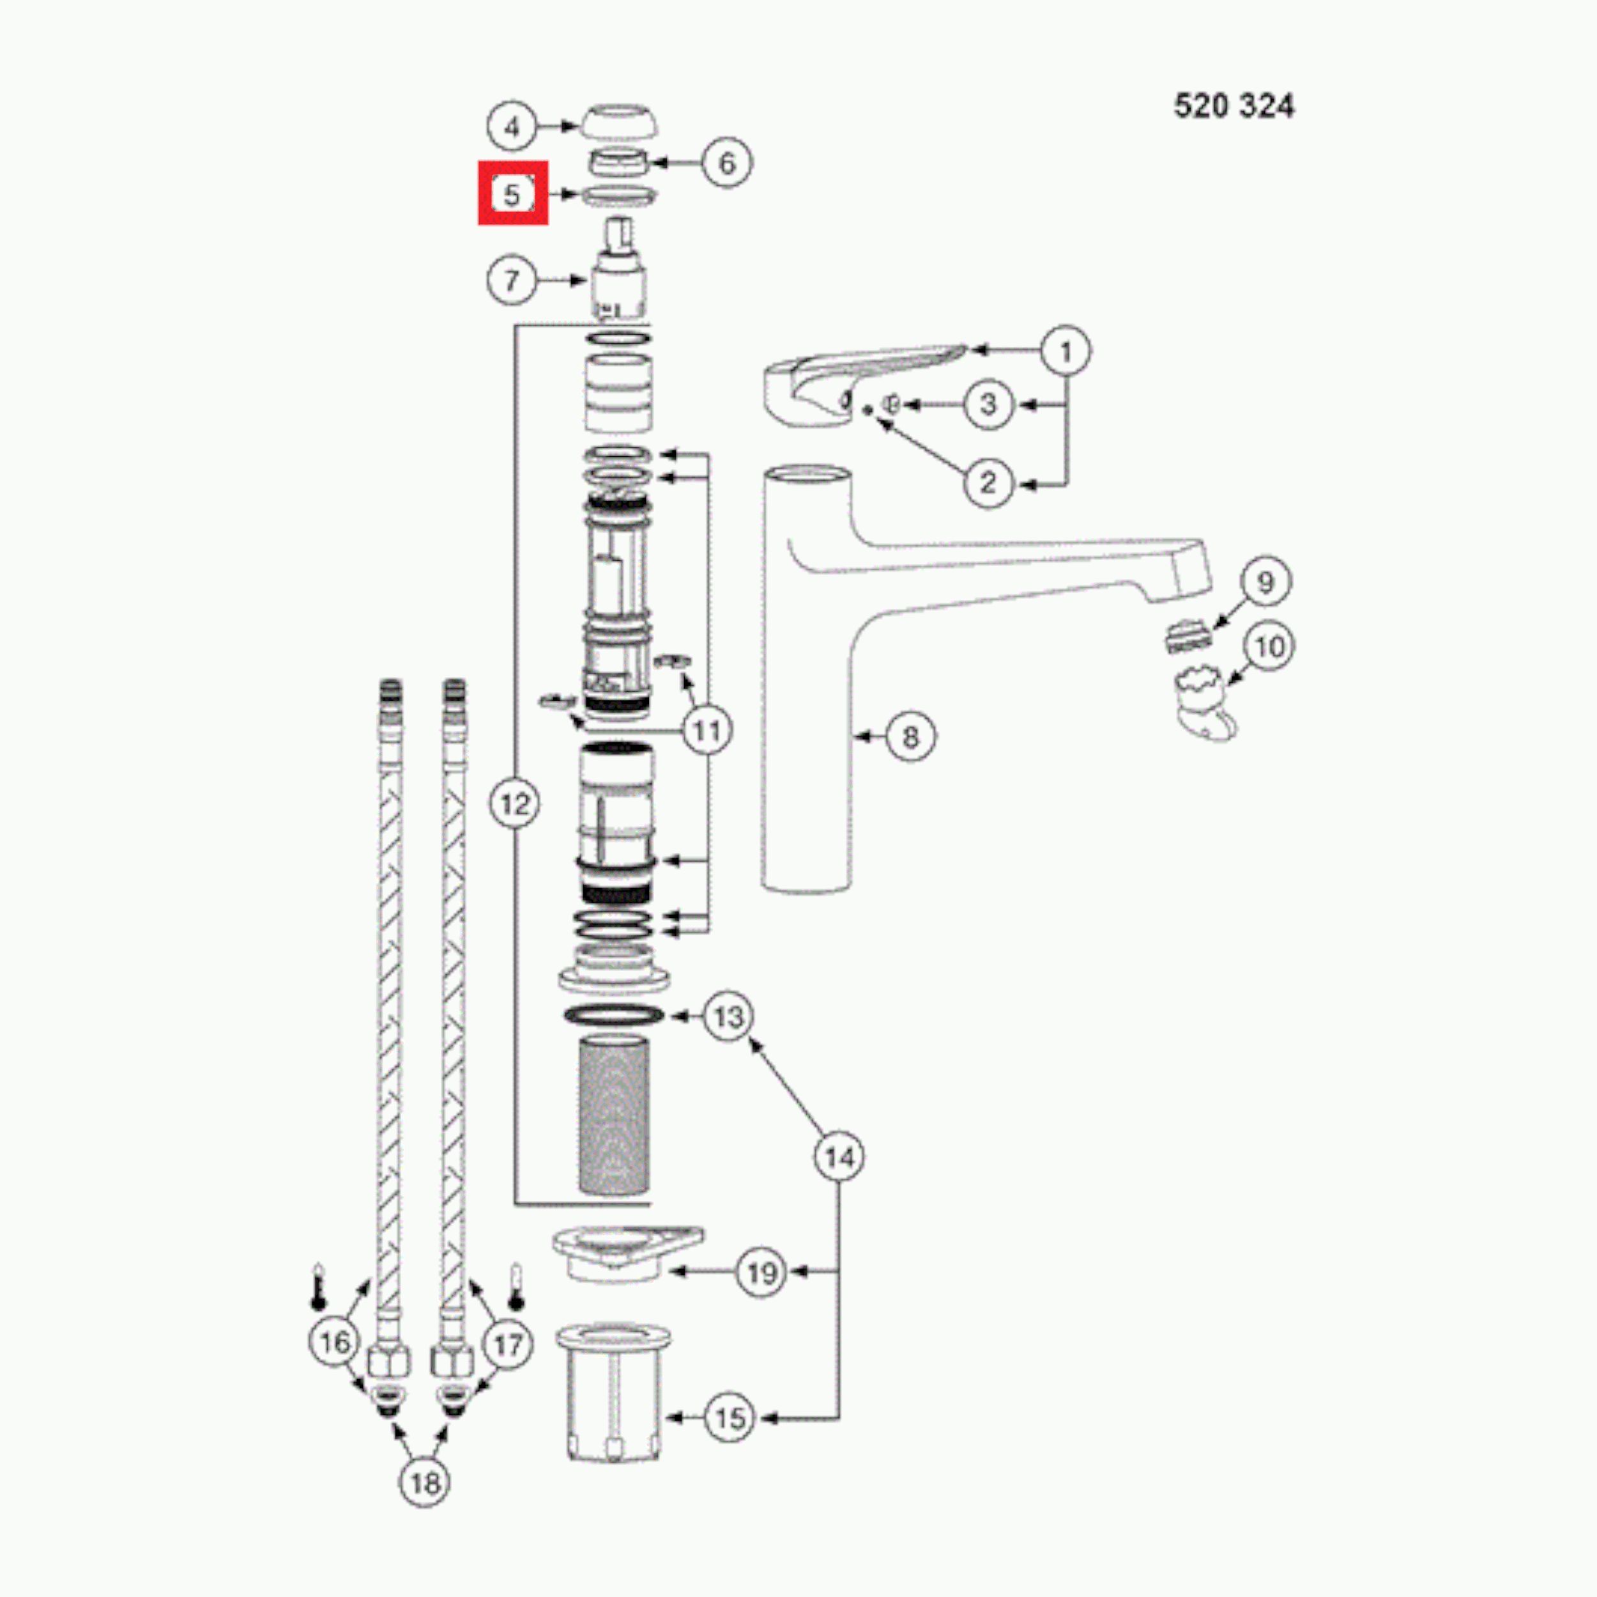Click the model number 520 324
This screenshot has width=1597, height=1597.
(1234, 106)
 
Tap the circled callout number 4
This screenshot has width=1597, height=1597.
(512, 127)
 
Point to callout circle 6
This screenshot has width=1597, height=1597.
(726, 163)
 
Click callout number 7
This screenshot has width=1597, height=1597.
(512, 280)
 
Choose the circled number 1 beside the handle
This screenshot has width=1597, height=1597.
(1066, 351)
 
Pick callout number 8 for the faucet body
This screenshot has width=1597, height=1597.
(910, 737)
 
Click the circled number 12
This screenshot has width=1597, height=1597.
(515, 802)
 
